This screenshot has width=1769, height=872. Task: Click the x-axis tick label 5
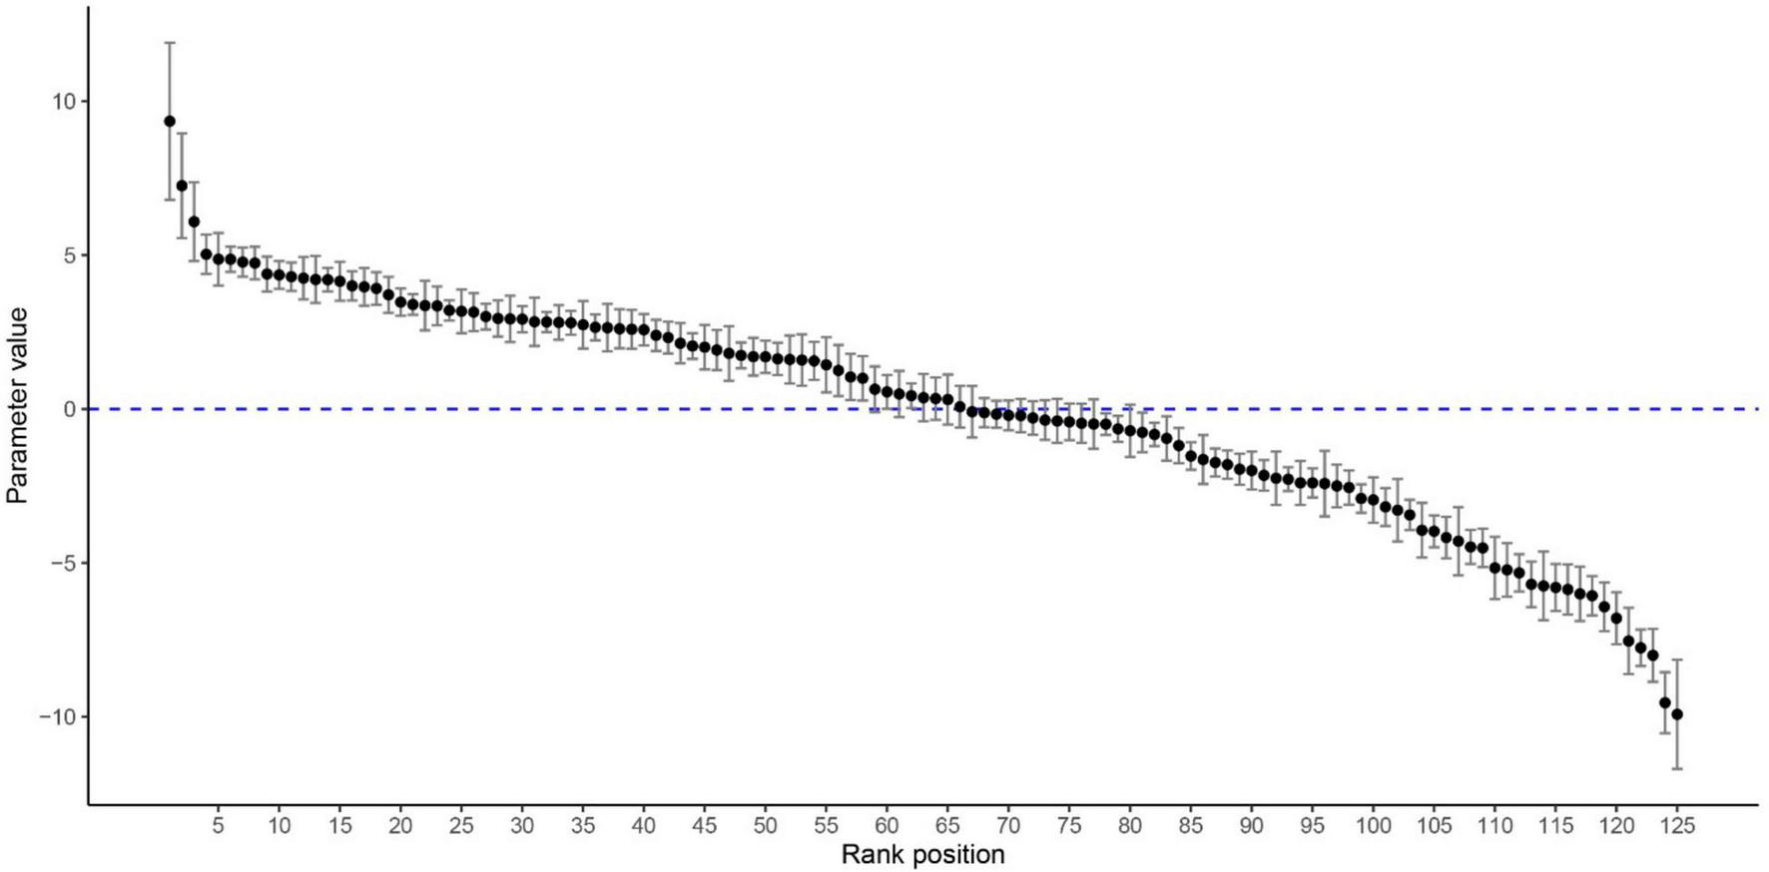click(x=218, y=826)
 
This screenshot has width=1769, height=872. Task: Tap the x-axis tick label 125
click(x=1677, y=826)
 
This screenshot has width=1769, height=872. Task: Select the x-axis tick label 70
click(x=1008, y=826)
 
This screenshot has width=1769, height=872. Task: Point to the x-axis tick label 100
click(x=1373, y=826)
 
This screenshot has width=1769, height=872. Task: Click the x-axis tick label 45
click(x=704, y=826)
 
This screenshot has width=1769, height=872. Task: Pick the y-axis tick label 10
click(x=64, y=102)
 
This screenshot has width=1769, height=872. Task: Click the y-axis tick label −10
click(x=57, y=717)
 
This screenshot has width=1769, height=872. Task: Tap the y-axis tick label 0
click(x=70, y=409)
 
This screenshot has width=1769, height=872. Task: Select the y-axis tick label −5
click(x=61, y=564)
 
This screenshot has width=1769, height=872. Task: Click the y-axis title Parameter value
click(x=17, y=405)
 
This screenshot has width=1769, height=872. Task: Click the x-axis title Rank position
click(x=922, y=855)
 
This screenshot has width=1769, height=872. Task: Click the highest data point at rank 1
click(x=170, y=122)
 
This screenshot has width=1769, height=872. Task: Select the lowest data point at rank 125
click(x=1677, y=714)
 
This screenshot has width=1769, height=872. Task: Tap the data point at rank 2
click(x=182, y=186)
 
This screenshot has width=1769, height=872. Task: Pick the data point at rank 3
click(x=194, y=221)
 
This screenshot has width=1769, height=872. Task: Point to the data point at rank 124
click(x=1665, y=702)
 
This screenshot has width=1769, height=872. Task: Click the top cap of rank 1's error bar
click(x=170, y=43)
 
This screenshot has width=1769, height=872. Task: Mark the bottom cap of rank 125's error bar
click(x=1677, y=768)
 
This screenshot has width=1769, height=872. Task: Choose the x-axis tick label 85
click(x=1190, y=826)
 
